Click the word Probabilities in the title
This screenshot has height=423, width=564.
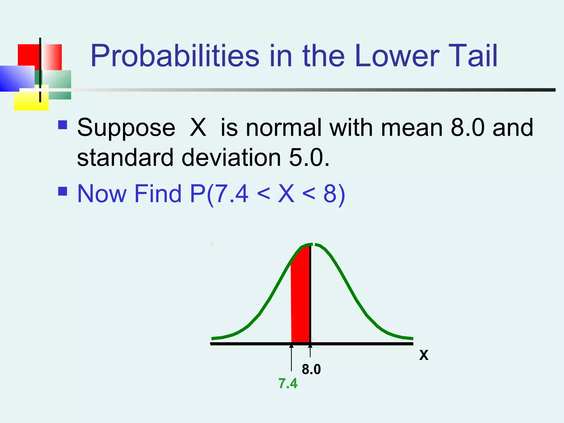tap(175, 56)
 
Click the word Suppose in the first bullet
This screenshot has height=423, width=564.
tap(126, 128)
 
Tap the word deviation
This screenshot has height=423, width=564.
tap(231, 158)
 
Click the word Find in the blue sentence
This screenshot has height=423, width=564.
tap(158, 194)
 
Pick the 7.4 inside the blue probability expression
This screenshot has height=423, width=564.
tap(231, 194)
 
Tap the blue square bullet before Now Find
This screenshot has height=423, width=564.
tap(63, 191)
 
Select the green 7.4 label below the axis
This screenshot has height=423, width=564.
tap(288, 383)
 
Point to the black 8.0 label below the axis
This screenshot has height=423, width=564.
tap(311, 369)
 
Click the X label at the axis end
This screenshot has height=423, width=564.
tap(424, 355)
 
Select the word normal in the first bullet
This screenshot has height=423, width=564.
tap(283, 128)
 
